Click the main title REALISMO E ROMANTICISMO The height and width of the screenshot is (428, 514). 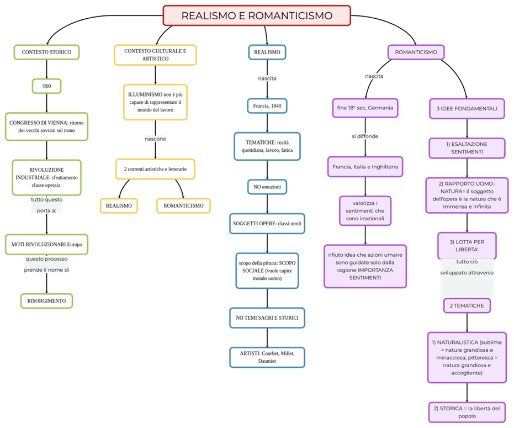coord(257,15)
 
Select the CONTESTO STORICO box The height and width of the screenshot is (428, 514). coord(46,52)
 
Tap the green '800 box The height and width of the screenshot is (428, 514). coord(46,86)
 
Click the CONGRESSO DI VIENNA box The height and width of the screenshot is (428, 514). coord(46,126)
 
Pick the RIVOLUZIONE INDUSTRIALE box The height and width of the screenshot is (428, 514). coord(46,177)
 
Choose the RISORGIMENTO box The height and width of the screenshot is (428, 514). coord(46,301)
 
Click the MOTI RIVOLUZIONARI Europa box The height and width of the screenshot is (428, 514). coord(46,244)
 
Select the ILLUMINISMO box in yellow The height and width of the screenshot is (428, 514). coord(155,102)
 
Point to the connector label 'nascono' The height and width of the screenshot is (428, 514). coord(155,139)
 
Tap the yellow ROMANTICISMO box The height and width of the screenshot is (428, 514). coord(183,206)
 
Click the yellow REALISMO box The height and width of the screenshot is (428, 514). coord(119,206)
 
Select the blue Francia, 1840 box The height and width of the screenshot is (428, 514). coord(267,105)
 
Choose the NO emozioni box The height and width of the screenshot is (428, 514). coord(267,187)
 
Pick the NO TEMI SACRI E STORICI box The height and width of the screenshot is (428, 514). coord(267,318)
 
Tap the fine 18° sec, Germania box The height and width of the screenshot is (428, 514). coord(365,108)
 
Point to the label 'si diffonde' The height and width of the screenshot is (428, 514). coord(365,136)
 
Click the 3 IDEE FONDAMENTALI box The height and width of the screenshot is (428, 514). coord(467,109)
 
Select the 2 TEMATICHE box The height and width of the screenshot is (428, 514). coord(467,305)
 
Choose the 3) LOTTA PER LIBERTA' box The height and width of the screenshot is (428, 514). coord(467,246)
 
